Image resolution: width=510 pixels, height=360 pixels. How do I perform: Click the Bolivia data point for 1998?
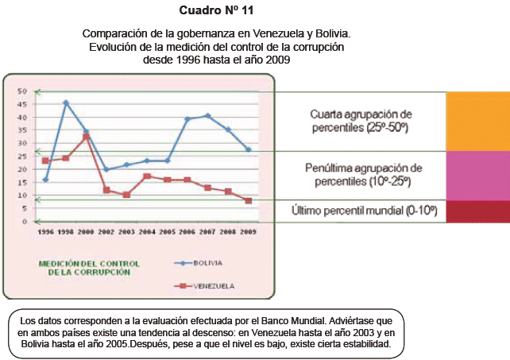click(66, 103)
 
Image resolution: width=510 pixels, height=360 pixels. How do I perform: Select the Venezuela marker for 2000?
click(86, 137)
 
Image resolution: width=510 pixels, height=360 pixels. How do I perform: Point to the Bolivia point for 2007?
click(208, 116)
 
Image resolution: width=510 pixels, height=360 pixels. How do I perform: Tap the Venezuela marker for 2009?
click(249, 200)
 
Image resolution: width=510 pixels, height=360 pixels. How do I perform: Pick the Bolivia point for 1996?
click(45, 180)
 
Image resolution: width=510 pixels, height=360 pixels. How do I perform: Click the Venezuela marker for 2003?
click(126, 195)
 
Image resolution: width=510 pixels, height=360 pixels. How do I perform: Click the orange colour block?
click(477, 121)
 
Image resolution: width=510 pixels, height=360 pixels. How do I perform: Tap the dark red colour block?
click(477, 211)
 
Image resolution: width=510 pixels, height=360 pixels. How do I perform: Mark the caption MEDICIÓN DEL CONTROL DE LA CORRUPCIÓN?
click(89, 267)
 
